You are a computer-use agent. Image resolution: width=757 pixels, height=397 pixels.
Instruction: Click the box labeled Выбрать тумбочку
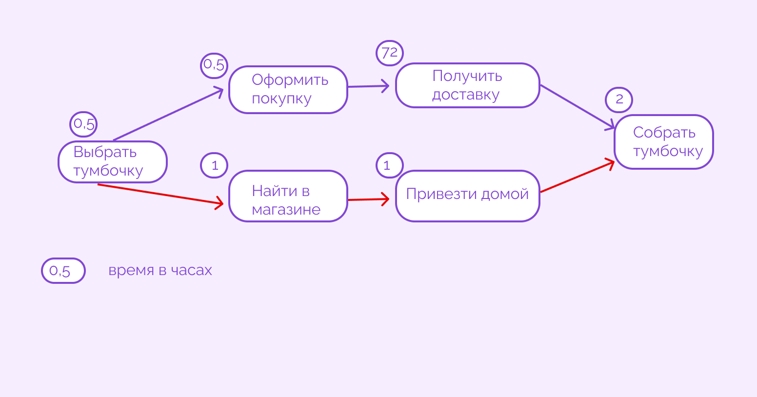click(x=113, y=162)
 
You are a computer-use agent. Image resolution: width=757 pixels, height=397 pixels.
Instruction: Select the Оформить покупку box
click(x=288, y=90)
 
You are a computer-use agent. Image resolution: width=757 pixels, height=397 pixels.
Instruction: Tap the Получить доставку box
click(x=467, y=85)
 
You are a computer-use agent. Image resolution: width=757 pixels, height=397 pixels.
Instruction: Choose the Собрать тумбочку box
click(x=663, y=142)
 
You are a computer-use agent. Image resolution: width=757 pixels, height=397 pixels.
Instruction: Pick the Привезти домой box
click(x=467, y=196)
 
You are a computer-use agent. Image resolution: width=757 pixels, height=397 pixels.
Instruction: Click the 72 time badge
click(x=390, y=53)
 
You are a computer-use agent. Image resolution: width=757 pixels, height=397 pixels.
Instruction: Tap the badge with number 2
click(x=619, y=99)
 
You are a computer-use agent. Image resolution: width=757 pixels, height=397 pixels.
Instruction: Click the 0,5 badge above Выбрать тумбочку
click(x=83, y=124)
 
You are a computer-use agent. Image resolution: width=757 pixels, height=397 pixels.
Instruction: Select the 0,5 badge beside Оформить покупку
click(x=214, y=65)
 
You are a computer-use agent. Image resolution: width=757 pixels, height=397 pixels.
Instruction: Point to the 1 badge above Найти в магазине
click(x=214, y=165)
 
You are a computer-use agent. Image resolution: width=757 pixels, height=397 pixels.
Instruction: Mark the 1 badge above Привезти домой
click(x=389, y=165)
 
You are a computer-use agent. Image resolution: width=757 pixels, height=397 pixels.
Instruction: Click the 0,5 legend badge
click(x=63, y=271)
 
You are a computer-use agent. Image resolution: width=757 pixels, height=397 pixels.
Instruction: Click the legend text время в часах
click(x=160, y=270)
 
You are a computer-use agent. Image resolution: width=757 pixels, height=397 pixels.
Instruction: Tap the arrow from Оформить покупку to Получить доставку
click(x=368, y=86)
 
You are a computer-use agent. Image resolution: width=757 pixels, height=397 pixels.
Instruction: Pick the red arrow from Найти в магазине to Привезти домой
click(x=368, y=199)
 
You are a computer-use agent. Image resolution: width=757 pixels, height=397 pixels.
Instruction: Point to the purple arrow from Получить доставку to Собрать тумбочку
click(x=577, y=107)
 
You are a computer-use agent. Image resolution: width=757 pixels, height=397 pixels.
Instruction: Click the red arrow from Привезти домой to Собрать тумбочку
click(x=577, y=176)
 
